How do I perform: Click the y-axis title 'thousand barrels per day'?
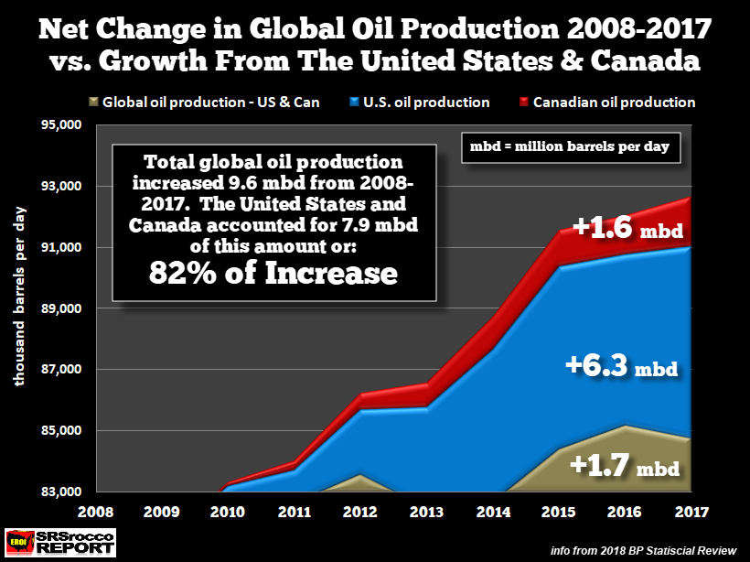click(x=20, y=308)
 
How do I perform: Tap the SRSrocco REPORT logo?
click(x=60, y=541)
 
